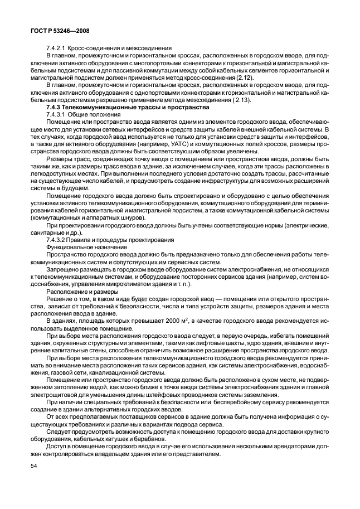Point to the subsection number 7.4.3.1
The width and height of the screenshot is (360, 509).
(59, 114)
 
